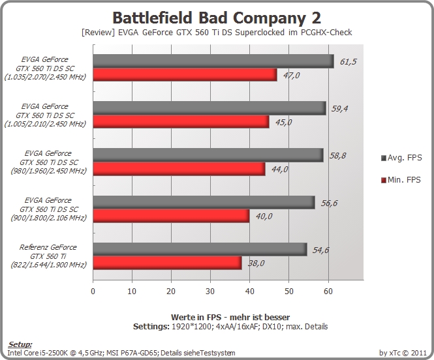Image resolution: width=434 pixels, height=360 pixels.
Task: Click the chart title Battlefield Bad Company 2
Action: (217, 18)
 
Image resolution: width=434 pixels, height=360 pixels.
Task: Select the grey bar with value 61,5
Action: (213, 61)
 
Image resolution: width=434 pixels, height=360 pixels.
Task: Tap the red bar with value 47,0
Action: (185, 74)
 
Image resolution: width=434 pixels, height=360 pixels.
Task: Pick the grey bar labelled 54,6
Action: (200, 249)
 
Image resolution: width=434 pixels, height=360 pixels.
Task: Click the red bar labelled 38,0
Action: (167, 263)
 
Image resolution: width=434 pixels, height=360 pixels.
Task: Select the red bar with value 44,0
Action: (179, 169)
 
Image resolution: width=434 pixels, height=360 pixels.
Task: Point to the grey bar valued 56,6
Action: (204, 202)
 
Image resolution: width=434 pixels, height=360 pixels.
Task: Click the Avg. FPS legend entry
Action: (401, 158)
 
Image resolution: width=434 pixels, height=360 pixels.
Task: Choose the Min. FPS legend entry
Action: (401, 180)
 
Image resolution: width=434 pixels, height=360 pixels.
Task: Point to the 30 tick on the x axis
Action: (210, 292)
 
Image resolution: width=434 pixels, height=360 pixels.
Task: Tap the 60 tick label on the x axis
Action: (328, 292)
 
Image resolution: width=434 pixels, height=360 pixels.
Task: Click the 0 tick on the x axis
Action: (93, 292)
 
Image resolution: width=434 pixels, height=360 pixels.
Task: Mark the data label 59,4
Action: (340, 109)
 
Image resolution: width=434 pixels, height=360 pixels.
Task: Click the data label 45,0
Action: (283, 122)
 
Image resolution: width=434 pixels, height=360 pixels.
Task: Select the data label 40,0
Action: (264, 217)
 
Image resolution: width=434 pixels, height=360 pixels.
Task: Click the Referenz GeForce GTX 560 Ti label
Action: (48, 256)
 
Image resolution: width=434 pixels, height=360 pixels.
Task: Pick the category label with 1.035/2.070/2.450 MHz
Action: (45, 68)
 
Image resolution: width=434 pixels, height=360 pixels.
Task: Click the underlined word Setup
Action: (20, 344)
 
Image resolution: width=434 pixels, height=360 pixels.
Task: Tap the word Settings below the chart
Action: (151, 327)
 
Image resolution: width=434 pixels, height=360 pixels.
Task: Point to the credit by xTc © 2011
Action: (403, 353)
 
